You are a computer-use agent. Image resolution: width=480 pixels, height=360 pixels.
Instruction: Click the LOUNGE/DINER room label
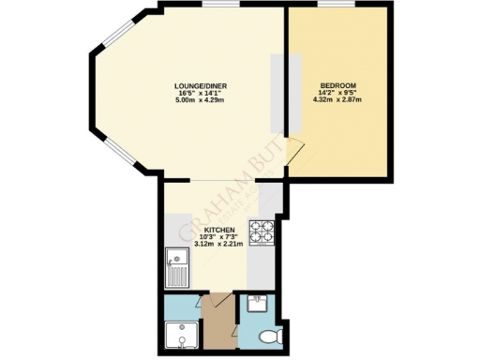[202, 85]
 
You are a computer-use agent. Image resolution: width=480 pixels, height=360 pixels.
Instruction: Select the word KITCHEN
[219, 229]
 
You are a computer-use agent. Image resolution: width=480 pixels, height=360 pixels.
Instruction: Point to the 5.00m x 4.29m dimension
[202, 100]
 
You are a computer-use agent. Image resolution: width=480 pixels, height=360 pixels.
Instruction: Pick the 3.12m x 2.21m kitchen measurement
[219, 244]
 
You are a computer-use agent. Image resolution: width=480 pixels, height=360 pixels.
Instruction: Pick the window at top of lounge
[217, 7]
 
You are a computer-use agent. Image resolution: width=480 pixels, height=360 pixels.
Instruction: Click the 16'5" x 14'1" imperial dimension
[202, 93]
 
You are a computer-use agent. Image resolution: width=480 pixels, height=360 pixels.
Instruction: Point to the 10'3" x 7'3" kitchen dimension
[219, 236]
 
